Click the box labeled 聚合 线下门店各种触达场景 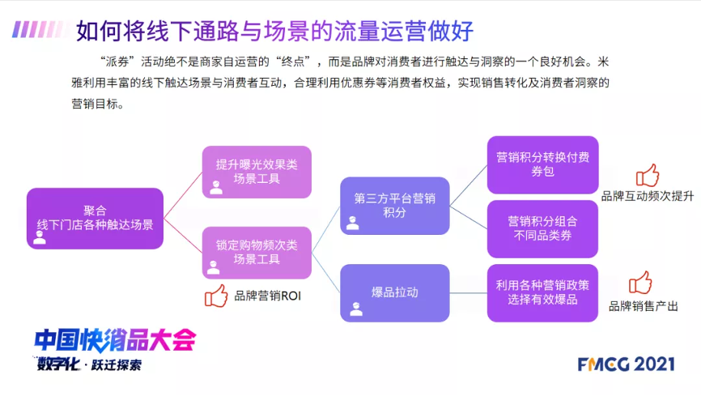point(95,219)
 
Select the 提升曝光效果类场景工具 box point(257,172)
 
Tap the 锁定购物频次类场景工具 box point(257,253)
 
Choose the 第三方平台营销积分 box point(395,206)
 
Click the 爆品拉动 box point(395,292)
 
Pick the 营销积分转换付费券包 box point(542,164)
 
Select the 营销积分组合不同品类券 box point(542,228)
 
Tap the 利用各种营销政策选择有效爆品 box point(542,292)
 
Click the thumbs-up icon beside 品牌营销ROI point(216,296)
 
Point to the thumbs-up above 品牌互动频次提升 point(648,175)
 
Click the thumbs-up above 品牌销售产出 point(640,283)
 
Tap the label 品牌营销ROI point(267,296)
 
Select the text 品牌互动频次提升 point(648,196)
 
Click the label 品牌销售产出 point(644,306)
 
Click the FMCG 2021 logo point(626,364)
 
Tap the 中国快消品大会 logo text point(115,340)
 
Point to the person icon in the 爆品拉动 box point(356,309)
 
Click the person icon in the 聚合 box point(40,237)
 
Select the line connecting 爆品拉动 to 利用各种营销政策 point(469,293)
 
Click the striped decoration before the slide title point(40,29)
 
